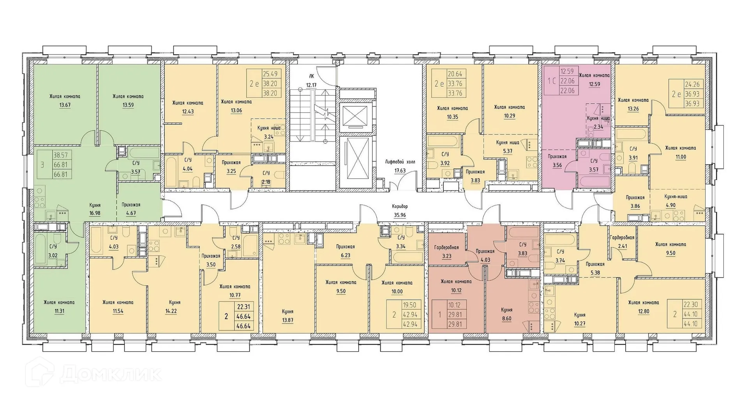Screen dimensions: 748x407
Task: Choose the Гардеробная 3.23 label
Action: click(446, 252)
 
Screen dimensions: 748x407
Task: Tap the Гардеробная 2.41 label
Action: click(622, 242)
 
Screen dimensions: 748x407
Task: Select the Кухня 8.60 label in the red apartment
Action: click(507, 314)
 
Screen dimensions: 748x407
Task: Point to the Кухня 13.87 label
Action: click(288, 316)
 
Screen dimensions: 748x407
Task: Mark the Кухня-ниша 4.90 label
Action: click(676, 201)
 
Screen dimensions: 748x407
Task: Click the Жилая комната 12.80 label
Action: click(643, 307)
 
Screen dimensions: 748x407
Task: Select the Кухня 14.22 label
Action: click(175, 306)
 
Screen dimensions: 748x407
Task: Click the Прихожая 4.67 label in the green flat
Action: click(131, 209)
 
